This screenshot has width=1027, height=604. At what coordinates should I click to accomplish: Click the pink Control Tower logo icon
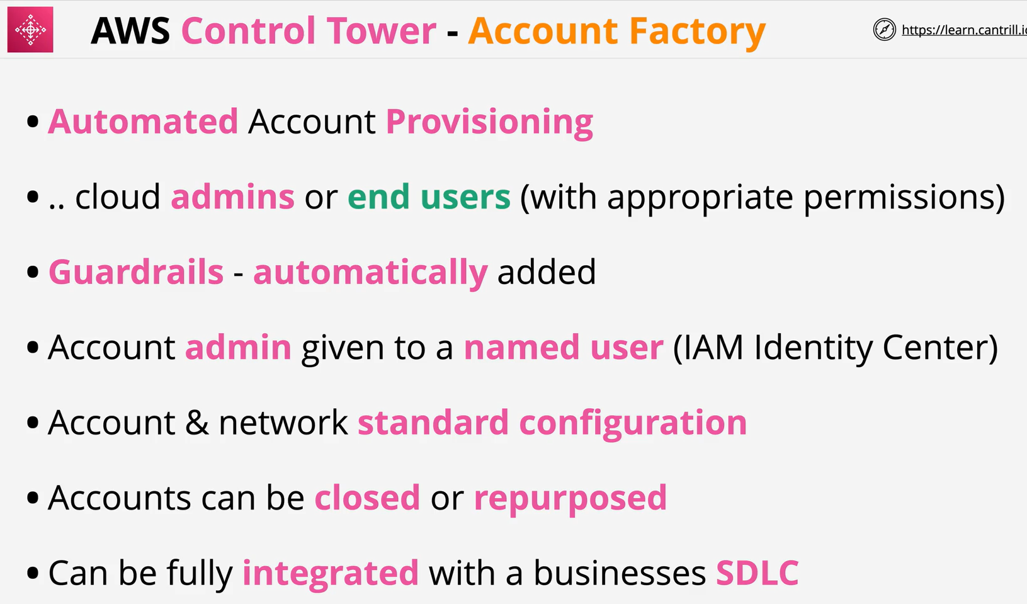[x=30, y=30]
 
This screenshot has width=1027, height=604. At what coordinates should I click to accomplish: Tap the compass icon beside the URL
[x=884, y=30]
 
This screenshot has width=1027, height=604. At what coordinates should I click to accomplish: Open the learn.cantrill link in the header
[x=964, y=30]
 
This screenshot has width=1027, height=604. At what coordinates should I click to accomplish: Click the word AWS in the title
[x=131, y=31]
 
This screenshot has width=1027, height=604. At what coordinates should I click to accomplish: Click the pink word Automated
[x=144, y=122]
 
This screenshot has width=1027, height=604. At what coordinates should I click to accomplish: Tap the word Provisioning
[x=490, y=123]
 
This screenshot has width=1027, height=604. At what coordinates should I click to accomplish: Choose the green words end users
[x=429, y=197]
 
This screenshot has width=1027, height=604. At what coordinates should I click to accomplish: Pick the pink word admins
[x=232, y=197]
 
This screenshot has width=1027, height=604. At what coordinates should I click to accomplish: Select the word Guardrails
[x=136, y=271]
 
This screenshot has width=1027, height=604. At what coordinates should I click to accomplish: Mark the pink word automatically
[x=370, y=273]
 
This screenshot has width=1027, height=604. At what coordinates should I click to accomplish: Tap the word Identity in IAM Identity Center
[x=813, y=348]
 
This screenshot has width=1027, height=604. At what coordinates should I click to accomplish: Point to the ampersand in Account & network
[x=196, y=423]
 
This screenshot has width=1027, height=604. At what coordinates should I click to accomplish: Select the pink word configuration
[x=633, y=424]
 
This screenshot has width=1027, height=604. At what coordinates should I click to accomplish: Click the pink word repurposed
[x=570, y=499]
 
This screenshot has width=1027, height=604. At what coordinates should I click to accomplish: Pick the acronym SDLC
[x=757, y=573]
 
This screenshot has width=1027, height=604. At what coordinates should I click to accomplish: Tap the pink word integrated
[x=331, y=574]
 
